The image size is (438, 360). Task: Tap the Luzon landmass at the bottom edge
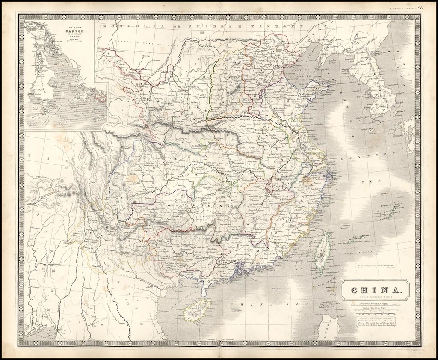tap(328, 328)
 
